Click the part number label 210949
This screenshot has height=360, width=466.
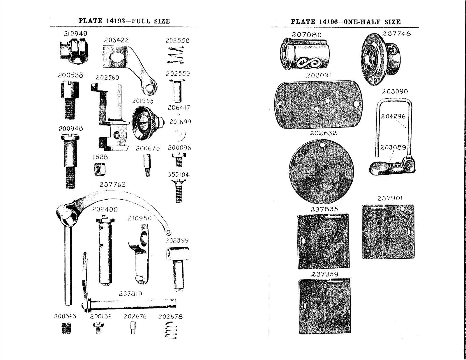click(75, 34)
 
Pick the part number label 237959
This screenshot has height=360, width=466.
click(325, 274)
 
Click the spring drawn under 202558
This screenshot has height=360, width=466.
click(176, 56)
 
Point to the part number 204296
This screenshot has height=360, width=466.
click(393, 116)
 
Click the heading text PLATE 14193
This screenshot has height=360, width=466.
click(102, 21)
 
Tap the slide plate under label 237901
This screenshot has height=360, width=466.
click(388, 232)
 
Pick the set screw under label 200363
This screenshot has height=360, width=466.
click(67, 329)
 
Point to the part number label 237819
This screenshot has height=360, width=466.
click(130, 294)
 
